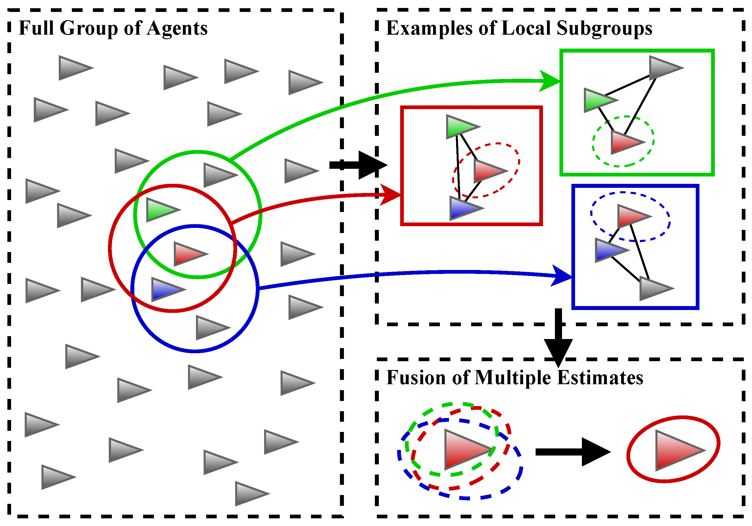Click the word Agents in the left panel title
(x=177, y=29)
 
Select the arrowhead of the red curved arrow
(x=391, y=195)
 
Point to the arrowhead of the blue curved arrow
(x=562, y=276)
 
